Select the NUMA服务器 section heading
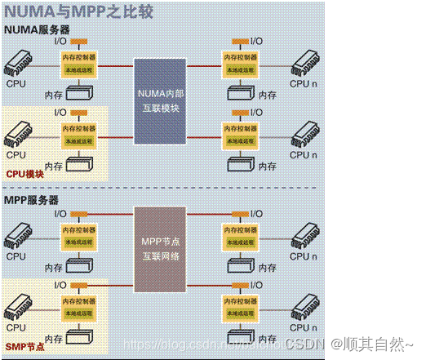pyautogui.click(x=38, y=29)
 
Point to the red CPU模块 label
pyautogui.click(x=25, y=173)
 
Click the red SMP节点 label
pyautogui.click(x=24, y=347)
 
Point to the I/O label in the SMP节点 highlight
pyautogui.click(x=60, y=285)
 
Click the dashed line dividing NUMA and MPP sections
pyautogui.click(x=212, y=189)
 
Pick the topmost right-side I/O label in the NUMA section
pyautogui.click(x=255, y=41)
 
